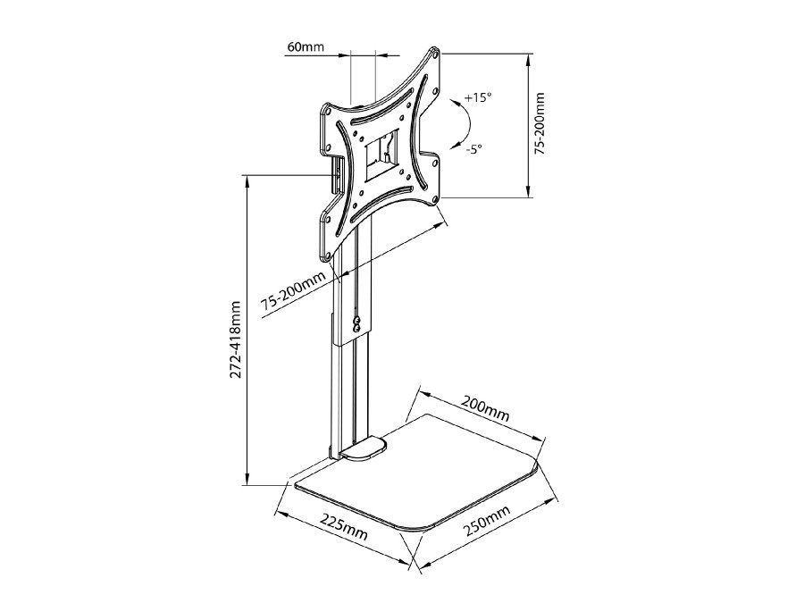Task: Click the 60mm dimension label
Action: tap(306, 46)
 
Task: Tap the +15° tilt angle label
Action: tap(478, 97)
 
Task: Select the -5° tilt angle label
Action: tap(473, 150)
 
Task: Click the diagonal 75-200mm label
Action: tap(294, 290)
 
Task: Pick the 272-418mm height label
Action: tap(235, 339)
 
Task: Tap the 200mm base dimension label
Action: tap(485, 408)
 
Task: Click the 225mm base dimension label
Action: tap(345, 525)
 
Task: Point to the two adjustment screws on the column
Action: tap(356, 323)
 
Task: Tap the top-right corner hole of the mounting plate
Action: tap(435, 53)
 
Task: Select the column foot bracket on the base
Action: tap(362, 448)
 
